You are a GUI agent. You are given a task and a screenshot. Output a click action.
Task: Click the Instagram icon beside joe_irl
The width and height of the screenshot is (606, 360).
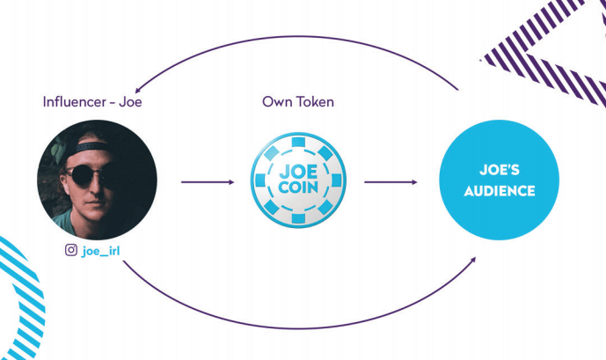(x=71, y=250)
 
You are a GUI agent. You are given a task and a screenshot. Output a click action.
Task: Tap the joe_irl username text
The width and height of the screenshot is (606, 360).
(x=100, y=250)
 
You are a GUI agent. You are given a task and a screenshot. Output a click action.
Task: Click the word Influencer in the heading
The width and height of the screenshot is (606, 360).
(x=75, y=102)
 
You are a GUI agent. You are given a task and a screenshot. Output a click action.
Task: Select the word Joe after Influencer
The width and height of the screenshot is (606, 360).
(x=131, y=102)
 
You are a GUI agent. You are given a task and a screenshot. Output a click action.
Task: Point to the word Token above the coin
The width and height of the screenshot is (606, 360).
(x=314, y=102)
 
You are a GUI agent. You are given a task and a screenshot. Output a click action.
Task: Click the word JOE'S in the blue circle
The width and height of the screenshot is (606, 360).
(x=499, y=169)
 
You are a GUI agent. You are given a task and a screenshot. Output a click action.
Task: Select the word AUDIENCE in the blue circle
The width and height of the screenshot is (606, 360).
(x=499, y=190)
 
